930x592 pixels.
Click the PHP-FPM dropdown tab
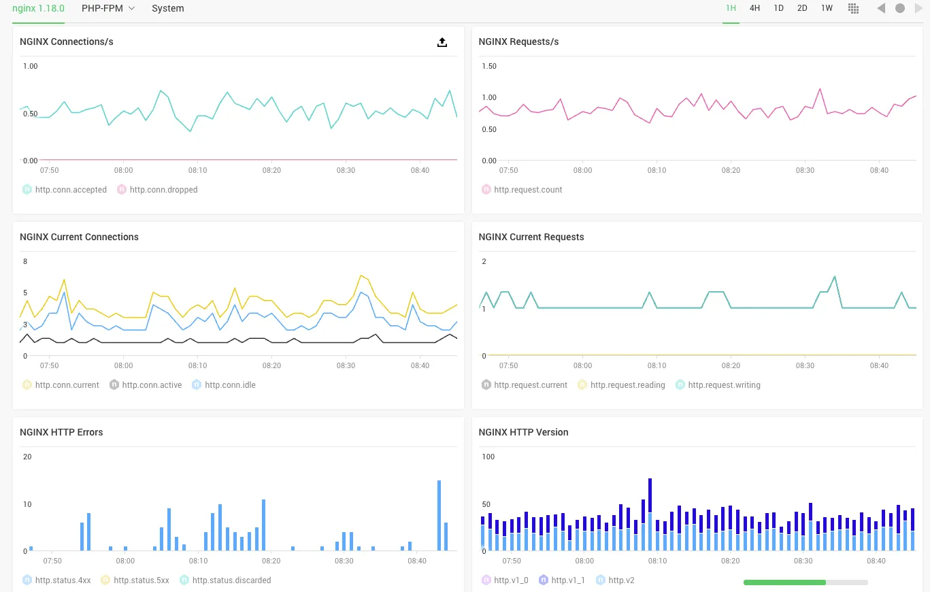[x=107, y=8]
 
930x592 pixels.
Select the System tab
[x=167, y=8]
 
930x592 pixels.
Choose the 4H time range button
[x=754, y=8]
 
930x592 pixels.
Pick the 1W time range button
[x=827, y=8]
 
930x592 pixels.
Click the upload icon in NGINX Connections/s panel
[x=442, y=42]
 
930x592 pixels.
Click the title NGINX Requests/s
[x=518, y=42]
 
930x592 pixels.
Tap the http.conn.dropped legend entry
[x=163, y=190]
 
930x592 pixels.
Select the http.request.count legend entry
[x=528, y=190]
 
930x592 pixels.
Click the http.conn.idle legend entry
[x=230, y=385]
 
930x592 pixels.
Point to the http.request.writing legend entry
[x=724, y=385]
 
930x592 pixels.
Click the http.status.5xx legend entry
[x=141, y=580]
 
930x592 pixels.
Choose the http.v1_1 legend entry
[x=567, y=580]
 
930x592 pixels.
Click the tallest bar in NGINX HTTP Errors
[x=439, y=515]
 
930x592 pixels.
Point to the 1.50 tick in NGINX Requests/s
[x=488, y=67]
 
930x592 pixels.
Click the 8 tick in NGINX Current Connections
[x=25, y=262]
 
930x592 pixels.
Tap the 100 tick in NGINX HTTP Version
[x=488, y=457]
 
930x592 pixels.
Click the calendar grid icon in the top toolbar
[x=853, y=8]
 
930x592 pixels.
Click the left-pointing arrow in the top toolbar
[x=881, y=8]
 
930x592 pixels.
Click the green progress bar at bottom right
[x=784, y=582]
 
